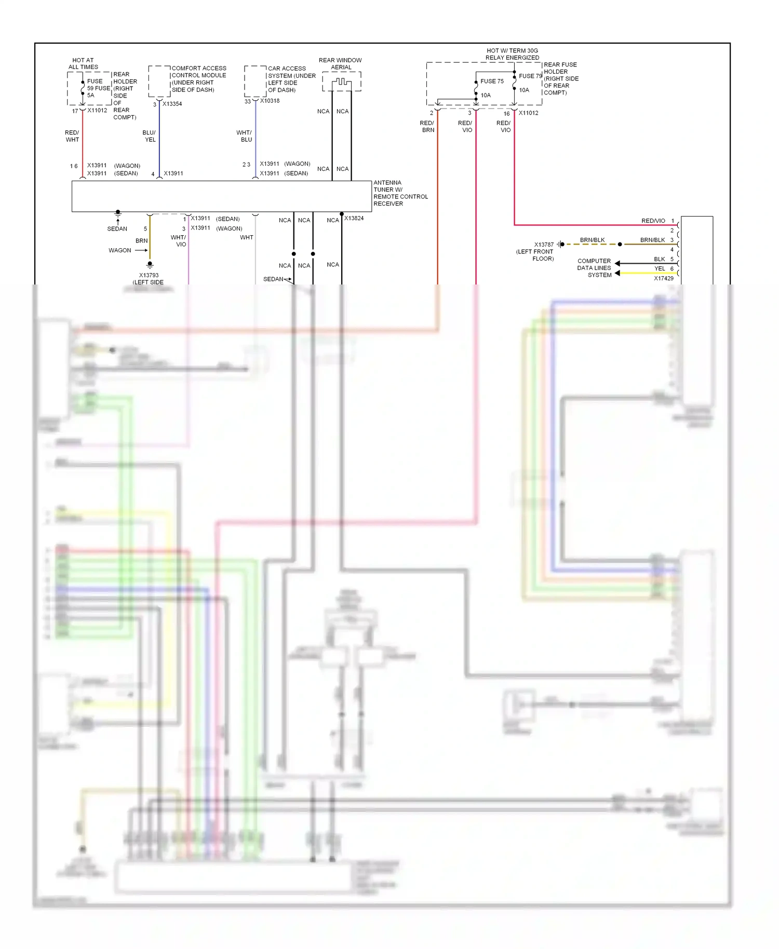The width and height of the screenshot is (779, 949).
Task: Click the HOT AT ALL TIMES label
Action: click(83, 63)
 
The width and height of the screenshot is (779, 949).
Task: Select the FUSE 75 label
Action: click(492, 81)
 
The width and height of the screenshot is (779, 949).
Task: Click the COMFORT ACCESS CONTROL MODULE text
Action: click(199, 79)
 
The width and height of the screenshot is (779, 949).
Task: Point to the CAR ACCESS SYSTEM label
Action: click(291, 79)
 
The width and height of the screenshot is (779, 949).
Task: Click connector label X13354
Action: click(172, 104)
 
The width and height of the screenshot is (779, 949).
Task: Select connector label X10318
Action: click(270, 101)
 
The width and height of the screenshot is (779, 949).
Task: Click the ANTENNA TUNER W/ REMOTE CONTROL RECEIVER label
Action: click(400, 193)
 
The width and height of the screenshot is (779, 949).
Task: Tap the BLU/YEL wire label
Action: click(149, 136)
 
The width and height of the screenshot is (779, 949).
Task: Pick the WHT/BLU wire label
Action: click(245, 136)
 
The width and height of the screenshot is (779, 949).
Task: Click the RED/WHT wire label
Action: click(72, 136)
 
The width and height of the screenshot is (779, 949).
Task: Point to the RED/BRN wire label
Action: click(427, 127)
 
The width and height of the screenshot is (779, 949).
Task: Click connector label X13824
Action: click(354, 218)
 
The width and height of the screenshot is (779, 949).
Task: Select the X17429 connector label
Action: click(663, 278)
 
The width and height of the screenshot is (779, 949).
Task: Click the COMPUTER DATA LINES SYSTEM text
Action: click(595, 268)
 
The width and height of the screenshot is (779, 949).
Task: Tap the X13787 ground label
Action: click(544, 245)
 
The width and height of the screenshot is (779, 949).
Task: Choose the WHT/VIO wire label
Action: click(179, 241)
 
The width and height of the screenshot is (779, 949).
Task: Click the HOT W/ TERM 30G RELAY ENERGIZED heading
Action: click(512, 54)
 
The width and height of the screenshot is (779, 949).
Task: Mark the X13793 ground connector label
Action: click(149, 275)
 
